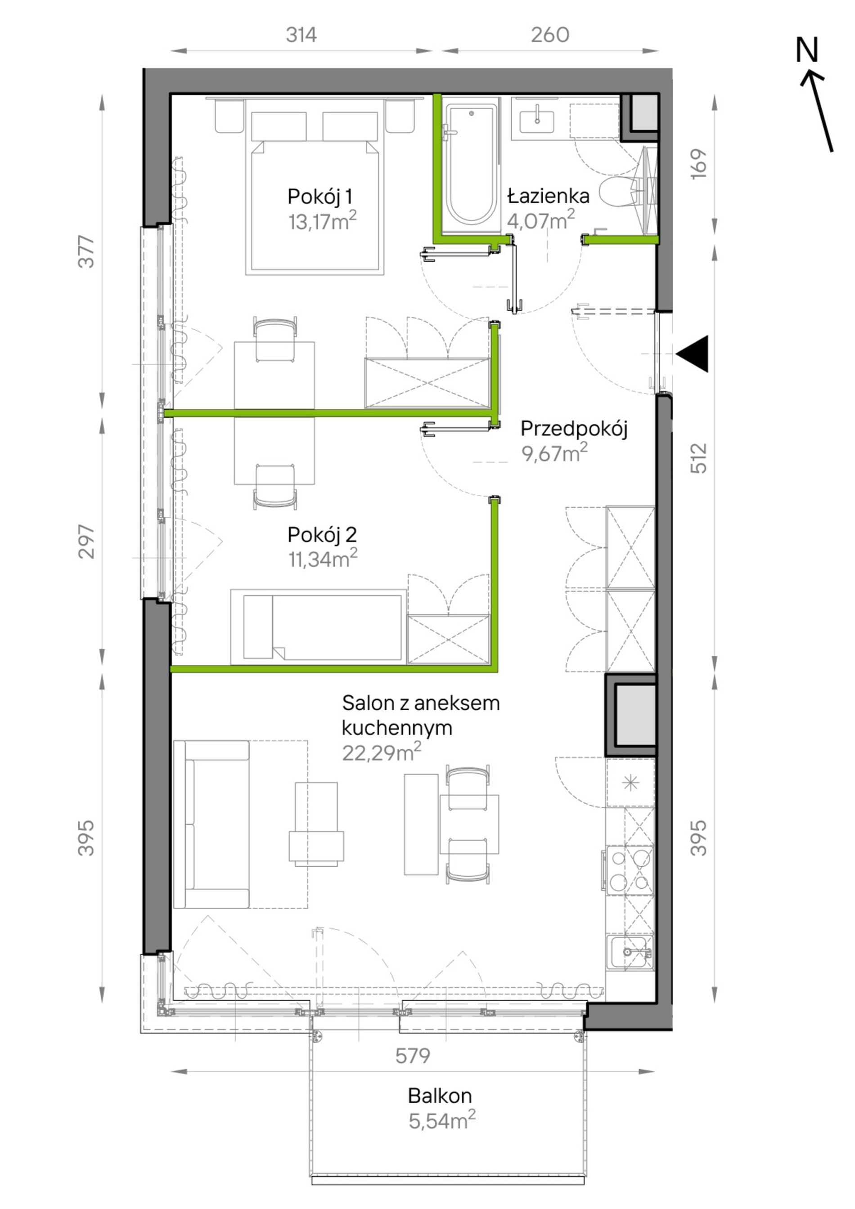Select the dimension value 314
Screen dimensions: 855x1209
301,35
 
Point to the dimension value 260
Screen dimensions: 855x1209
550,35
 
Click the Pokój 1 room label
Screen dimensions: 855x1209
320,197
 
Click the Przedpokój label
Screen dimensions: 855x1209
574,429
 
